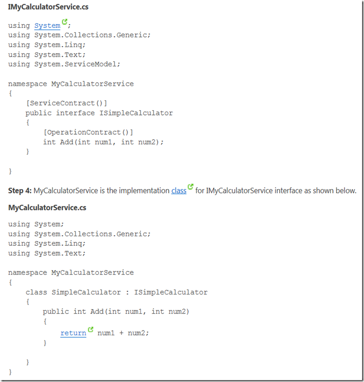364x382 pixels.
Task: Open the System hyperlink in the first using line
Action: [x=47, y=25]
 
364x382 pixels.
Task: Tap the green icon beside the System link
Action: [x=65, y=22]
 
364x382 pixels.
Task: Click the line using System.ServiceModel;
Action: [x=64, y=64]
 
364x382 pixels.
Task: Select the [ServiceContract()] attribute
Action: [x=66, y=103]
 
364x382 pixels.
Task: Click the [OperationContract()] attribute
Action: [x=88, y=132]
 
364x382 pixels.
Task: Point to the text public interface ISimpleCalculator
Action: [x=99, y=113]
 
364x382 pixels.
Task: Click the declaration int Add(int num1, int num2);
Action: [x=103, y=142]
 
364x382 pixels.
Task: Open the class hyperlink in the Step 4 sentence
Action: [x=179, y=191]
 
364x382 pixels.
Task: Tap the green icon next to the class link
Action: [x=190, y=187]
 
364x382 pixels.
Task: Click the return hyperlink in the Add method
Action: [x=73, y=333]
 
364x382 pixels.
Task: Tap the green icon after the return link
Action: [x=91, y=330]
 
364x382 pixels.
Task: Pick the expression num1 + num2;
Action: [x=123, y=333]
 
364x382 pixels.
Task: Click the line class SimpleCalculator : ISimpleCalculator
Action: [x=117, y=292]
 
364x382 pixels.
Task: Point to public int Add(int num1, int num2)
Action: [x=116, y=311]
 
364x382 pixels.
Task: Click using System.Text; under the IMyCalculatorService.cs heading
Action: [x=47, y=54]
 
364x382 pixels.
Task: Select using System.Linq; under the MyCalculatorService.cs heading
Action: [x=47, y=243]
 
